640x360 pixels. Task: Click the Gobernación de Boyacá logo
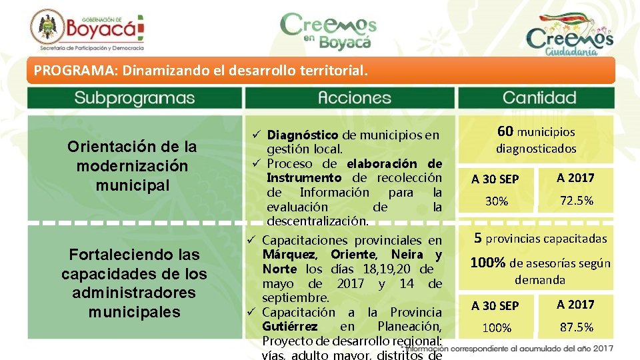[x=87, y=31]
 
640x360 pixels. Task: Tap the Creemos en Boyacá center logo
[x=329, y=31]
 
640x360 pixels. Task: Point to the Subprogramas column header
[x=134, y=98]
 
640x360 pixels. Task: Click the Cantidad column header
[x=539, y=98]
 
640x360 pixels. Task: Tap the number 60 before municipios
[x=506, y=132]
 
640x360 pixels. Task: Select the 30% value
[x=496, y=201]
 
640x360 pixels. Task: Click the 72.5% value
[x=575, y=201]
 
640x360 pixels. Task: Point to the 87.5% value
[x=575, y=327]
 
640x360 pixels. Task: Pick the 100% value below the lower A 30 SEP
[x=496, y=328]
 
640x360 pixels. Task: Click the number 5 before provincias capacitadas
[x=478, y=238]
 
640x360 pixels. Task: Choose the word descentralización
[x=316, y=221]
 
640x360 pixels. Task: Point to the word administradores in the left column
[x=134, y=293]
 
